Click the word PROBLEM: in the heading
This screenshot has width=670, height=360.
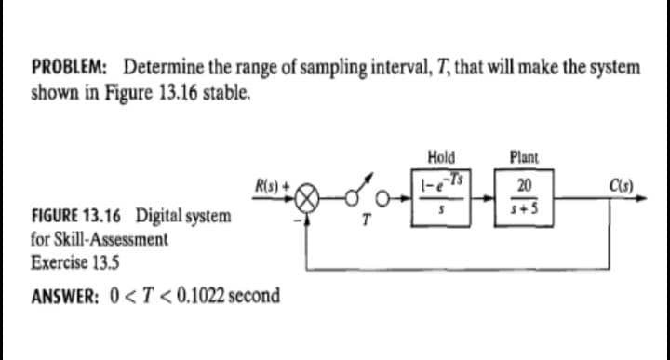[x=70, y=68]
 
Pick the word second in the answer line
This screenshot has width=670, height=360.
[x=251, y=296]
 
